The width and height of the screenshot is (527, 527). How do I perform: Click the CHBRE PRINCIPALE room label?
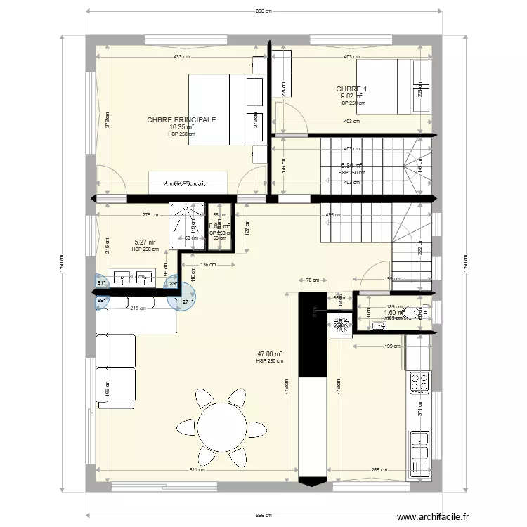[181, 120]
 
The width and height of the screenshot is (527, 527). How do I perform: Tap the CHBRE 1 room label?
[351, 89]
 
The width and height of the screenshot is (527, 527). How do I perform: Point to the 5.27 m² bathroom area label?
[145, 243]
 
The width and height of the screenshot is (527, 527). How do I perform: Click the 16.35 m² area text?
[181, 127]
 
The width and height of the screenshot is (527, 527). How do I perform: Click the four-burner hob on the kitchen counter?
[420, 382]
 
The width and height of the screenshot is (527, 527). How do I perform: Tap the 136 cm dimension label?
[208, 265]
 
